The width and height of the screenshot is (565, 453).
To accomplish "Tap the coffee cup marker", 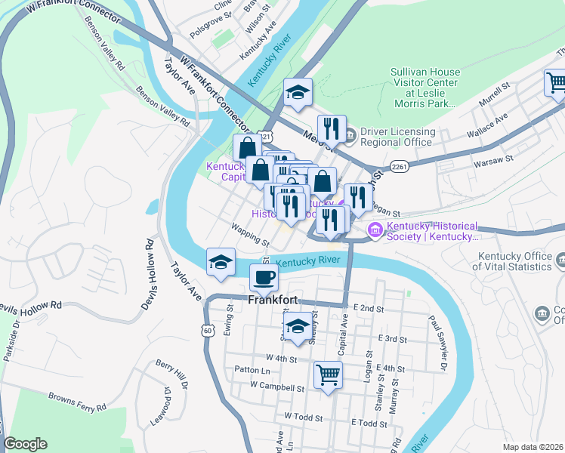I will (x=264, y=277).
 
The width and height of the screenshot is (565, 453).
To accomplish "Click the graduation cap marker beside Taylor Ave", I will (x=221, y=261).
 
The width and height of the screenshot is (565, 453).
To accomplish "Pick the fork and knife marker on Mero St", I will (x=332, y=128).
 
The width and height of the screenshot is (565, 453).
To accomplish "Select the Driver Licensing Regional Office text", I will (x=397, y=137).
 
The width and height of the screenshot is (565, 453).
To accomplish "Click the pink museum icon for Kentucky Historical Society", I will (x=374, y=229).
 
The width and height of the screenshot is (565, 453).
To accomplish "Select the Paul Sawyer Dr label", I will (x=437, y=344).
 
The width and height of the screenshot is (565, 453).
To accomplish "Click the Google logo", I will (x=26, y=444).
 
